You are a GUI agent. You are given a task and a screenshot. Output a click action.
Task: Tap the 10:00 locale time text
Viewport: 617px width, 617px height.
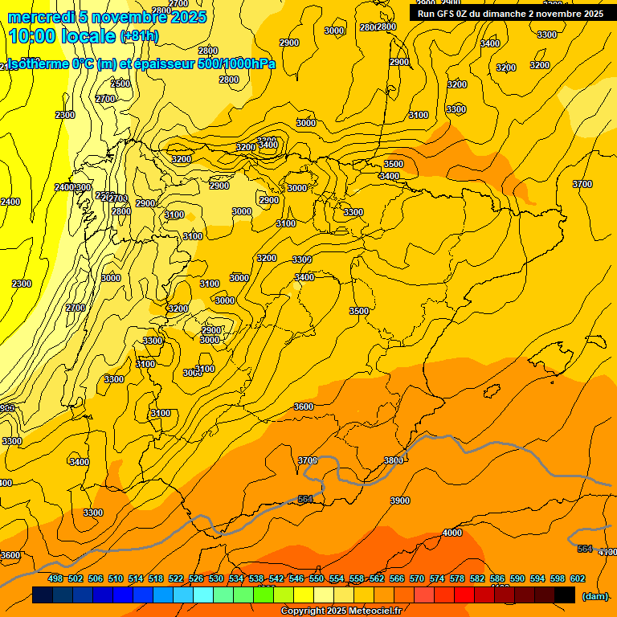coord(62,36)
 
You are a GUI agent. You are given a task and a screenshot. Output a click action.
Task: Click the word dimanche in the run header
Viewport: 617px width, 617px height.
coord(499,14)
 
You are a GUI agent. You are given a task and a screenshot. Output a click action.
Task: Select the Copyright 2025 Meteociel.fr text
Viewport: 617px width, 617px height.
coord(341,611)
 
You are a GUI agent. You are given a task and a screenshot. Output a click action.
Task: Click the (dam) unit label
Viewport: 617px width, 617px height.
coord(595,596)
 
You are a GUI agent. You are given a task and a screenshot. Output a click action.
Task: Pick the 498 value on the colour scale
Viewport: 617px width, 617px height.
coord(55,578)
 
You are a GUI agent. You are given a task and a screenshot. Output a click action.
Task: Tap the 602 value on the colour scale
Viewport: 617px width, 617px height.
coord(578,578)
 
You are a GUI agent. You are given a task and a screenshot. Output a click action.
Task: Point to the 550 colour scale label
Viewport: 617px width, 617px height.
coord(317,578)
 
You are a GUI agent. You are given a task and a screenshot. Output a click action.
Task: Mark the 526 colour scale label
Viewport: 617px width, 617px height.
coord(196,578)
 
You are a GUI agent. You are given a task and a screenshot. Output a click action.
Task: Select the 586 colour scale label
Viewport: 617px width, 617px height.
coord(497,578)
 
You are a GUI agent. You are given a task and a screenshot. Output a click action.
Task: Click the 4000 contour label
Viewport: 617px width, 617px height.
coord(452,533)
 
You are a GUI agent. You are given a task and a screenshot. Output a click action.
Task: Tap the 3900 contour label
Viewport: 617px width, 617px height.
coord(399,501)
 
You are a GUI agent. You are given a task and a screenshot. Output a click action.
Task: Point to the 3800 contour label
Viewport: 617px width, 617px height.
coord(394,460)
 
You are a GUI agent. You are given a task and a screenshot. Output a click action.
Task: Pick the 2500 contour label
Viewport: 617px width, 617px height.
coord(120,84)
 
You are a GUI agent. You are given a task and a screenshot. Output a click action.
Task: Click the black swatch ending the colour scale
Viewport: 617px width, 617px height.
coord(565,595)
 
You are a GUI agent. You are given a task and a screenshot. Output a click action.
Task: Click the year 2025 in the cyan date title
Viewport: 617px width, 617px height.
coord(186,18)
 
